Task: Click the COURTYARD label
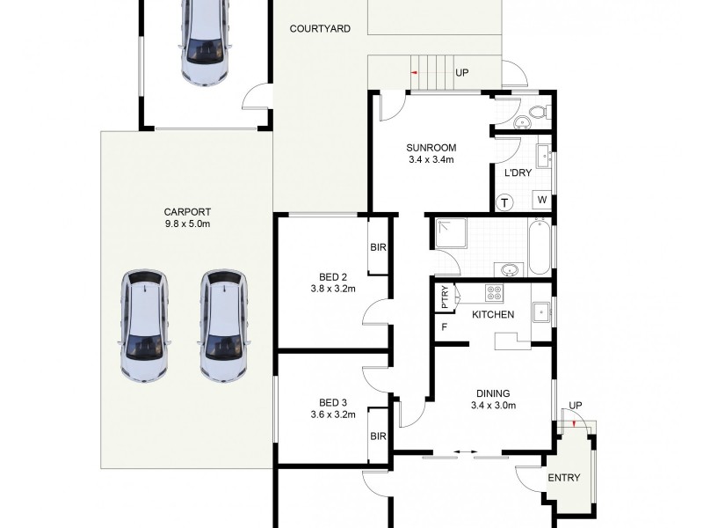point(320,29)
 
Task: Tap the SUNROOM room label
point(430,148)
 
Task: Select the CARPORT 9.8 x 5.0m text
point(187,217)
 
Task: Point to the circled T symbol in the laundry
point(505,202)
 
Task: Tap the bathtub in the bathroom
point(540,247)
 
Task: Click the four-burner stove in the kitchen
point(495,295)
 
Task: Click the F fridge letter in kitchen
point(445,328)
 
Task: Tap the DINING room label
point(492,393)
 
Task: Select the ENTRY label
point(563,478)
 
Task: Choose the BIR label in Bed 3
point(379,436)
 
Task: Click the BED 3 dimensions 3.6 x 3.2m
point(332,414)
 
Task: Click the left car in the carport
point(143,326)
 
